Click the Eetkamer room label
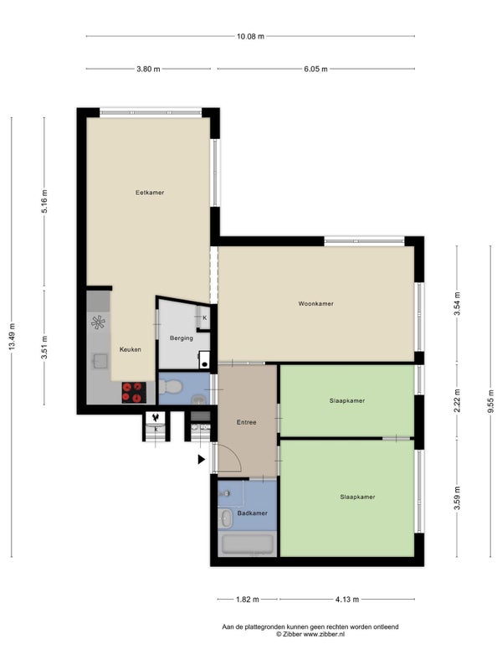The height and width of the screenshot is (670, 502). pyautogui.click(x=150, y=193)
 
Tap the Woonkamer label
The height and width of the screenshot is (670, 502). pyautogui.click(x=316, y=304)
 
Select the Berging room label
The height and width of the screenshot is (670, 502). pyautogui.click(x=182, y=338)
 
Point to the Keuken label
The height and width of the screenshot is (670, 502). pyautogui.click(x=131, y=349)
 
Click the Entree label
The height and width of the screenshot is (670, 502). pyautogui.click(x=247, y=422)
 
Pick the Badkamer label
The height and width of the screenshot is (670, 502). pyautogui.click(x=253, y=513)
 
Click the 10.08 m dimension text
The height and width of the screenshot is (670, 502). pyautogui.click(x=250, y=36)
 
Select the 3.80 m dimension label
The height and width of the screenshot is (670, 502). pyautogui.click(x=148, y=69)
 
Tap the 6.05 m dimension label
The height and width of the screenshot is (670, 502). pyautogui.click(x=316, y=69)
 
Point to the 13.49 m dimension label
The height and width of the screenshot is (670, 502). pyautogui.click(x=12, y=337)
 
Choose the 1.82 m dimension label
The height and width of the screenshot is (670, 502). pyautogui.click(x=248, y=599)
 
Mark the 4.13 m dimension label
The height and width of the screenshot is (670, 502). pyautogui.click(x=347, y=599)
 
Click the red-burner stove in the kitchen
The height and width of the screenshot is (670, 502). pyautogui.click(x=134, y=392)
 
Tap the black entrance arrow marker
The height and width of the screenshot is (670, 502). pyautogui.click(x=202, y=459)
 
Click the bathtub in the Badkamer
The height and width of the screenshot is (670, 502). pyautogui.click(x=247, y=544)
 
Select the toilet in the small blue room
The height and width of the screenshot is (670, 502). pyautogui.click(x=171, y=387)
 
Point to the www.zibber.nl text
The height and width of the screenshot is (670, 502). pyautogui.click(x=324, y=634)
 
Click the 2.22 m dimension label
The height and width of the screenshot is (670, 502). pyautogui.click(x=457, y=401)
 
